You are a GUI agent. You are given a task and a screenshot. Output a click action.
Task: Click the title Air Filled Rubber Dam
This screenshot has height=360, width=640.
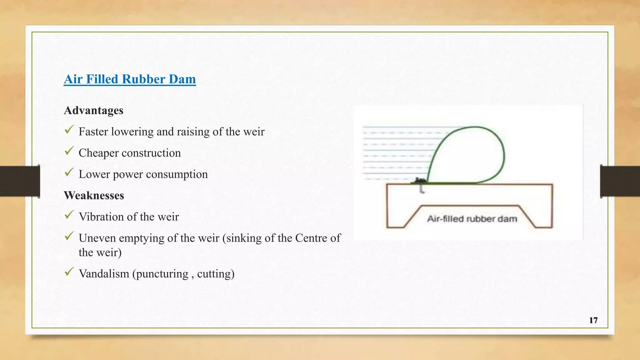[130, 79]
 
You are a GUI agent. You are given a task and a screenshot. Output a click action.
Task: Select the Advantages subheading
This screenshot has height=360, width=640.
[93, 110]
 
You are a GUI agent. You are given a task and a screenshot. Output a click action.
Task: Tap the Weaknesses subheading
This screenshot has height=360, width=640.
[94, 195]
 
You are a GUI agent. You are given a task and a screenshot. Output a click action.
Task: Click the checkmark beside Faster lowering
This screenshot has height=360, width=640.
[69, 129]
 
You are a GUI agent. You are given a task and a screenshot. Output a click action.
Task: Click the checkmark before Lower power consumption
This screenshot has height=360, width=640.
[69, 172]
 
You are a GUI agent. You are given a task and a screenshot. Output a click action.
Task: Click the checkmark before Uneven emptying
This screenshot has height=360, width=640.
[69, 236]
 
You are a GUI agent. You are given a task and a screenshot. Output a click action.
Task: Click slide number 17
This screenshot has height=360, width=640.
[593, 320]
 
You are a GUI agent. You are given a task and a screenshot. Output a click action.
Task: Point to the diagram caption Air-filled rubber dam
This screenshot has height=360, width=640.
[472, 219]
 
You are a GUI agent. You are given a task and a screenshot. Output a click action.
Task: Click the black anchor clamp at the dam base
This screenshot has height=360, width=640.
[419, 180]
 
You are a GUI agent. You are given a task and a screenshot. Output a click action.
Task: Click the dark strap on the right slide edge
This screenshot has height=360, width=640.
[620, 181]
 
